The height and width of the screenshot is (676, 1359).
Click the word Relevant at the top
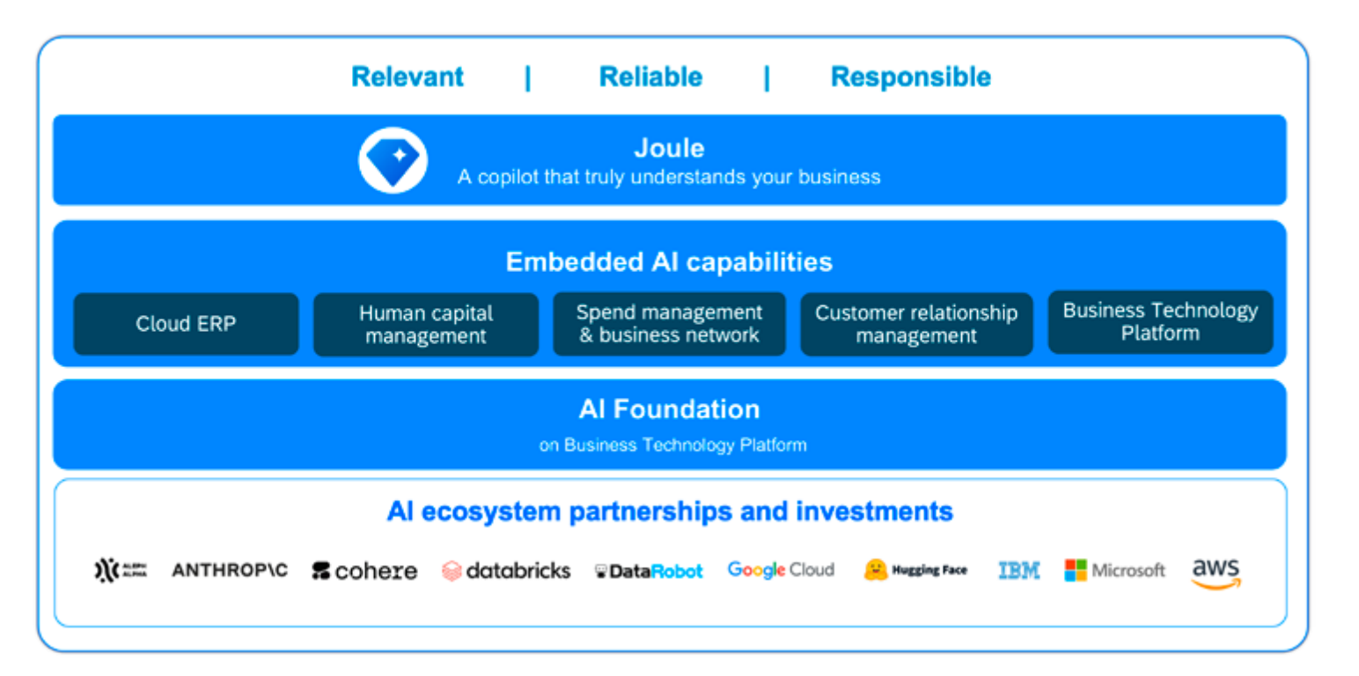point(407,77)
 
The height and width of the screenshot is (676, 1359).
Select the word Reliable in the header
point(650,77)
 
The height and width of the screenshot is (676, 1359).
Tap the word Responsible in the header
point(910,77)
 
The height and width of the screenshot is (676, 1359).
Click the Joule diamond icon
point(393,161)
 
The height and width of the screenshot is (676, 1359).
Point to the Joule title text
point(669,148)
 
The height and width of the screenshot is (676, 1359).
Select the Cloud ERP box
point(186,324)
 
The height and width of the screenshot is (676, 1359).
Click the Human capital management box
point(426,325)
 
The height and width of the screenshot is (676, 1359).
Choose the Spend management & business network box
point(669,324)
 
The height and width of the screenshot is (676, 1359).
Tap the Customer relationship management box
point(916,325)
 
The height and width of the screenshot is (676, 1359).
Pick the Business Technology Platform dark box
point(1160,322)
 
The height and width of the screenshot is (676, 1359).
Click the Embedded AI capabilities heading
point(669,261)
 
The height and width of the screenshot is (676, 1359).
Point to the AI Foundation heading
point(669,409)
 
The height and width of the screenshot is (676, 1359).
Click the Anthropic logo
point(230,570)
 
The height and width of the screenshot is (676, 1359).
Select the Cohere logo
point(364,571)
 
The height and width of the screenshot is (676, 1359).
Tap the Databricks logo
point(506,571)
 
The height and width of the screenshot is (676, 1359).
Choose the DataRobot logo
point(649,571)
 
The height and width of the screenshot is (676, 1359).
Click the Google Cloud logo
point(781,570)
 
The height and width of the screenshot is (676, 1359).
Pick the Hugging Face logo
point(915,570)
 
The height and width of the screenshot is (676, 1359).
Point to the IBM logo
point(1018,571)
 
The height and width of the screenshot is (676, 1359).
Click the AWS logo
point(1216,572)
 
